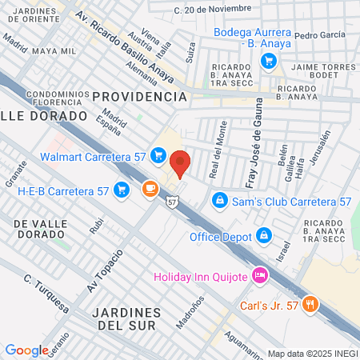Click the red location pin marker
[180, 163]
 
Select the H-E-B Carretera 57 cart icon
[122, 190]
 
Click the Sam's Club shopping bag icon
[218, 199]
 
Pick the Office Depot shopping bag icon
[263, 236]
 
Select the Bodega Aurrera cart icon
[269, 59]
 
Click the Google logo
[26, 350]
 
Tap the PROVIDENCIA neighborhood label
[139, 96]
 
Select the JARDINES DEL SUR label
[126, 318]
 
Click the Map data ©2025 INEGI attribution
[311, 353]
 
